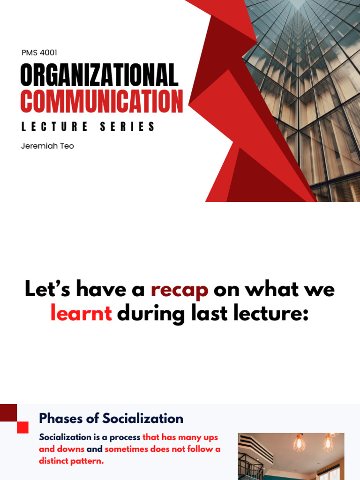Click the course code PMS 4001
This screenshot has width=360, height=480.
39,53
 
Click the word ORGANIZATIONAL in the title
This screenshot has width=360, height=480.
99,76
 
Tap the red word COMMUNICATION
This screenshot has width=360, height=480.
101,101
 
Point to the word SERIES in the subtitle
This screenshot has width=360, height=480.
127,127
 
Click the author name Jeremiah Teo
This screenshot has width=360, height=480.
47,146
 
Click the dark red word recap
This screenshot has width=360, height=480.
180,290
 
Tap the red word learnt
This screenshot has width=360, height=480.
81,314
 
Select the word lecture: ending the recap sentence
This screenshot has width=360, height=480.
269,314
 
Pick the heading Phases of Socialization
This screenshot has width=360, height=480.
111,418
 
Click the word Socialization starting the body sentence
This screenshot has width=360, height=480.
65,437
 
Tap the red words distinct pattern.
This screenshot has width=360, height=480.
71,461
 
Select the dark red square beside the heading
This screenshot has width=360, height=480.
9,412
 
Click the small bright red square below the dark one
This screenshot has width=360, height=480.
22,427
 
